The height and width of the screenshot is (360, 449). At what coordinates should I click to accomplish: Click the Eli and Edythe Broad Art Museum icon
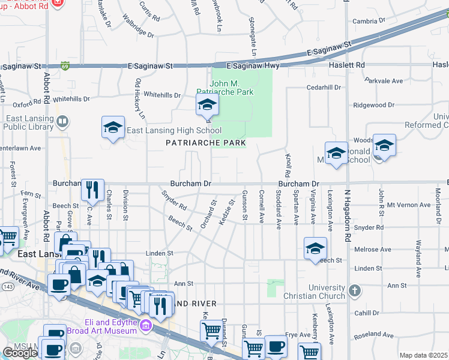(145, 326)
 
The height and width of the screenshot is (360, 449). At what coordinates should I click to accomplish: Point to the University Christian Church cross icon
(355, 292)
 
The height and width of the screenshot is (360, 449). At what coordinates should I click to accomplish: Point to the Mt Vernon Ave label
(409, 205)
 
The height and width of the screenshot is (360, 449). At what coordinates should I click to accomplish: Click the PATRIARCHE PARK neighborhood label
(206, 143)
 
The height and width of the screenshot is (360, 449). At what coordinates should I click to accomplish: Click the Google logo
(20, 353)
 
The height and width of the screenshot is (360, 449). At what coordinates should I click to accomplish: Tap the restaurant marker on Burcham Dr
(92, 190)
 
